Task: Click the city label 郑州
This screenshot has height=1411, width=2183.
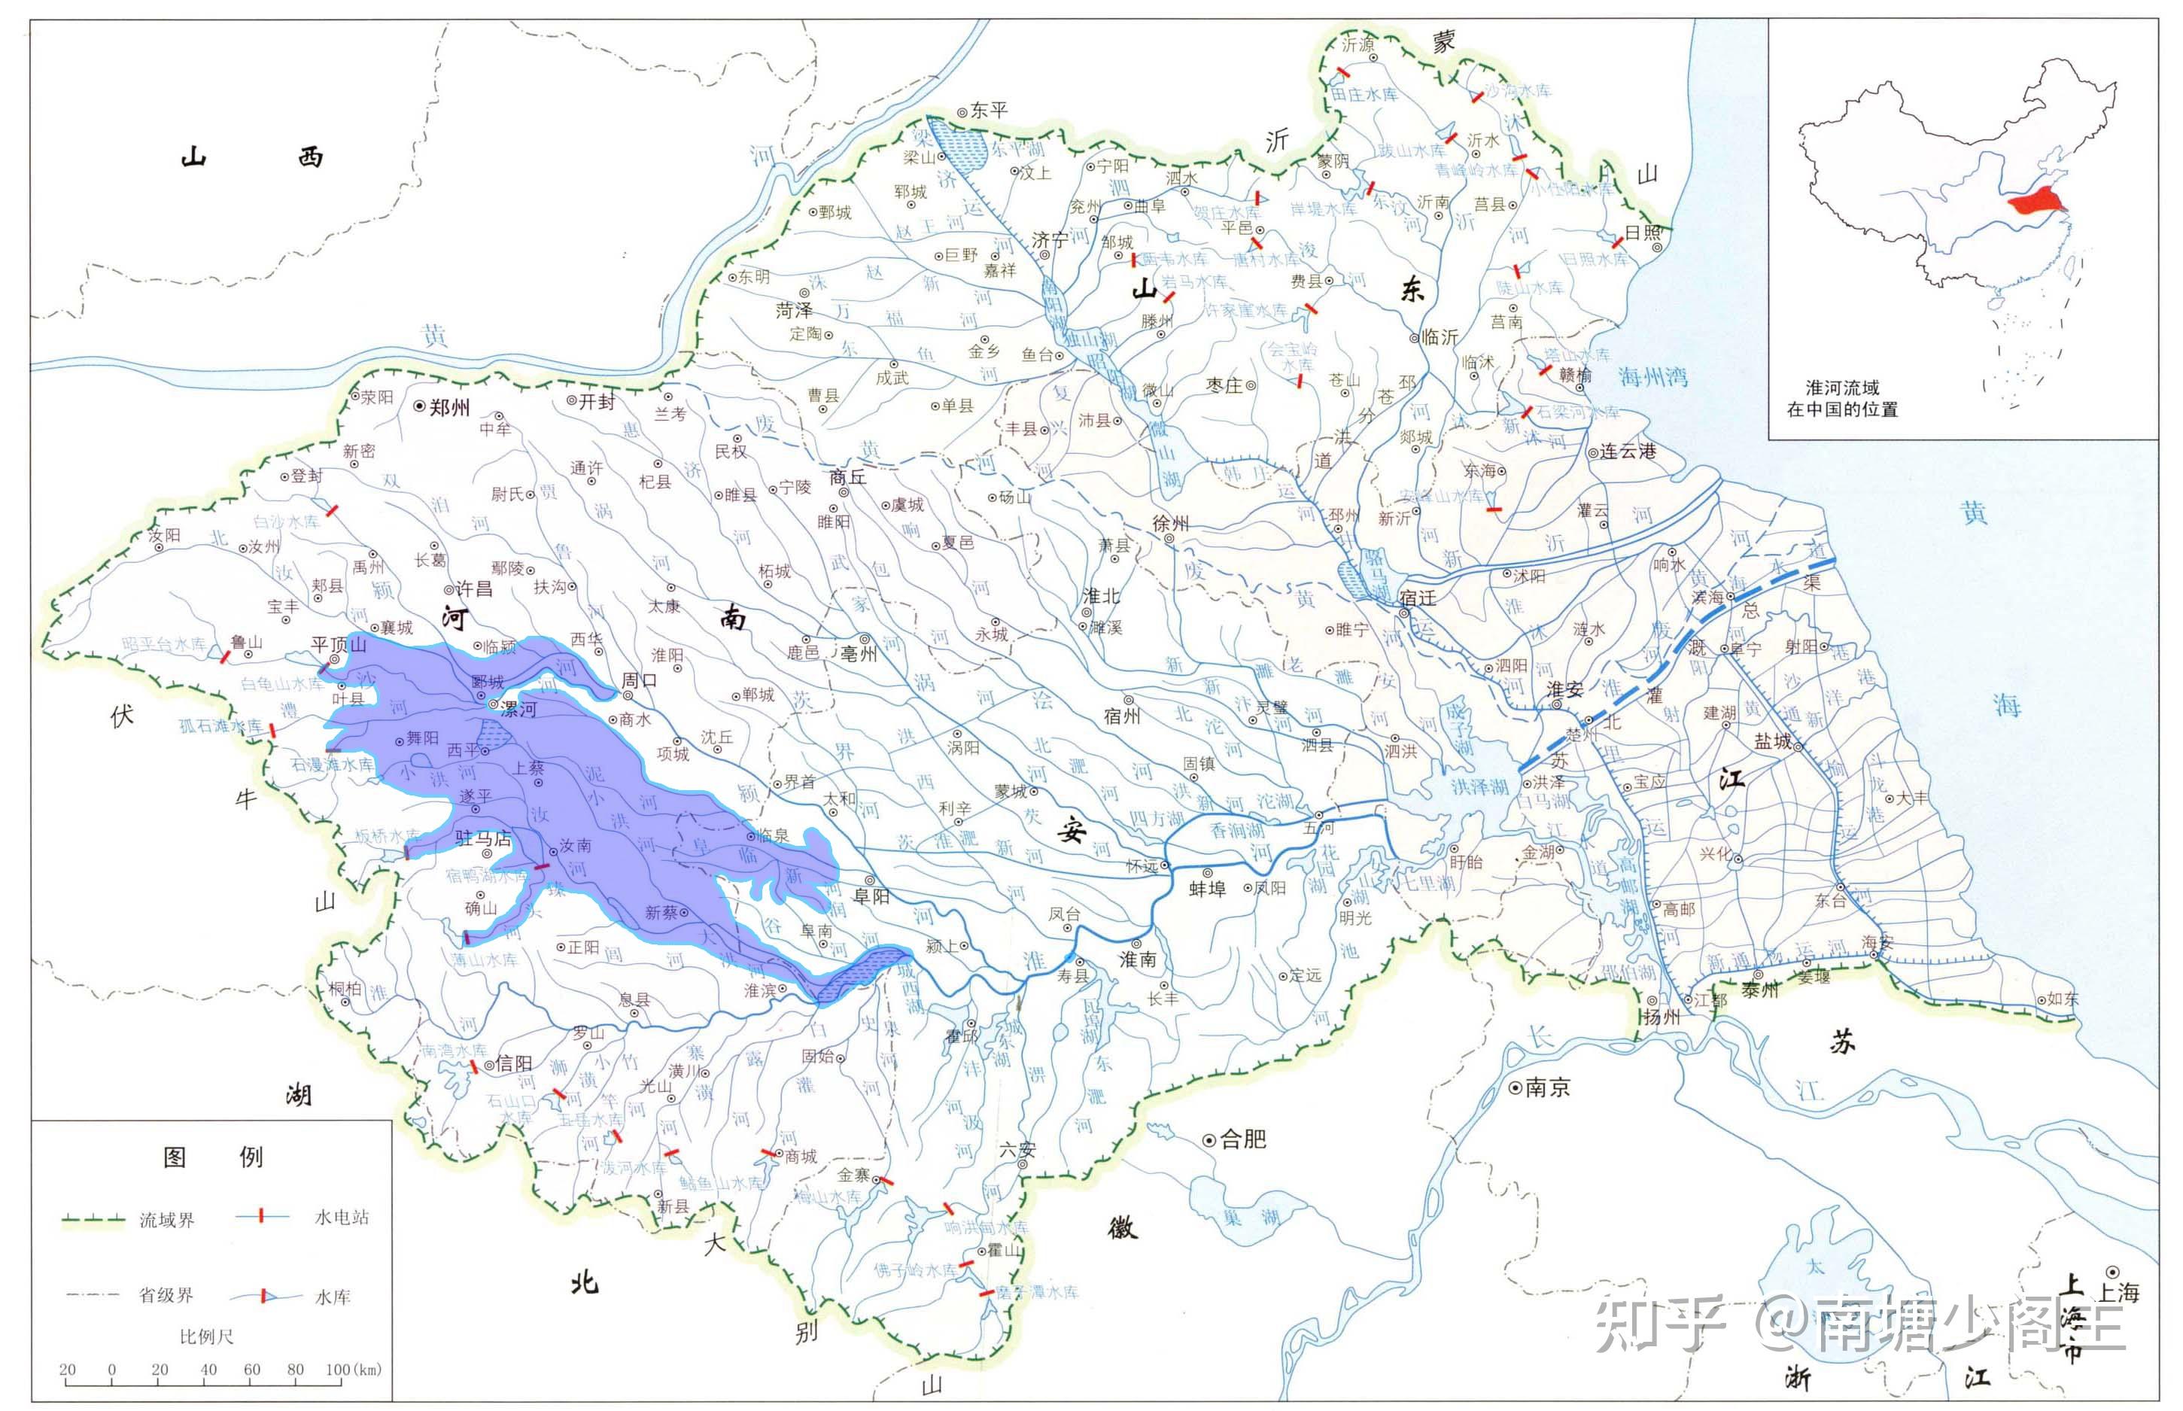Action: [449, 408]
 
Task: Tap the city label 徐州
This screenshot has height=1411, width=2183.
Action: [1170, 523]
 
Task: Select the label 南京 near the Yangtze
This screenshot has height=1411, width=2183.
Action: [1547, 1087]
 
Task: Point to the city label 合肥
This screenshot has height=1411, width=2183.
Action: [1243, 1139]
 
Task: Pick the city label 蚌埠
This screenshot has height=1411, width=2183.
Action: [1206, 889]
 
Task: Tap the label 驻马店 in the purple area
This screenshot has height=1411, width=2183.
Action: [483, 838]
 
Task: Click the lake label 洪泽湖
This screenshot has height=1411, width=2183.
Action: [1479, 787]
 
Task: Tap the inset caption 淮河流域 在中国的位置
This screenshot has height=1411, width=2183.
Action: [1842, 399]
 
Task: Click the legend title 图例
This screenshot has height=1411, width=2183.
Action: [212, 1157]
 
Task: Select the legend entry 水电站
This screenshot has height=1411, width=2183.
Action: [342, 1218]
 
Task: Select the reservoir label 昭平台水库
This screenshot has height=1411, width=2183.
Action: [165, 645]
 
